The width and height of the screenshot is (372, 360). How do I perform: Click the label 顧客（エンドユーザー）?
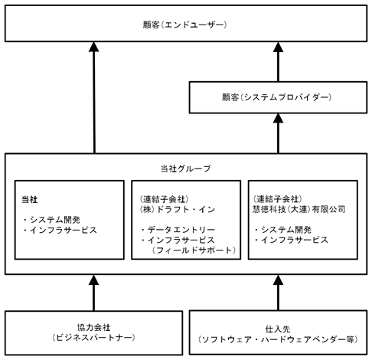click(x=184, y=25)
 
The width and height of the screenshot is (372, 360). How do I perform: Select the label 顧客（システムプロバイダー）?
click(x=276, y=97)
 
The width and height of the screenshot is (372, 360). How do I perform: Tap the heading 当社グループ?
click(x=186, y=169)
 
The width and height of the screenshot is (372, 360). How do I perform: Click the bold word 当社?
click(x=30, y=199)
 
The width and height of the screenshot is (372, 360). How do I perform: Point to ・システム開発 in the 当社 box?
click(x=51, y=220)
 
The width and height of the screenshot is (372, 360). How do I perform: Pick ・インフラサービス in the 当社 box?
click(x=60, y=230)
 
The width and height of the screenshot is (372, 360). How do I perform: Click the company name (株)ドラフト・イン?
click(x=178, y=209)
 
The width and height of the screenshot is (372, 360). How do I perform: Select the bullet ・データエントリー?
click(x=178, y=230)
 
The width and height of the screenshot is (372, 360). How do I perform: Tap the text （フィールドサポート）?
click(x=194, y=250)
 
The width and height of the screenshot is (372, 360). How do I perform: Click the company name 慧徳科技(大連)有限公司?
click(x=299, y=209)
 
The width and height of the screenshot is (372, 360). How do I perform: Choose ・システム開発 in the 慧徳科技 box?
click(x=282, y=230)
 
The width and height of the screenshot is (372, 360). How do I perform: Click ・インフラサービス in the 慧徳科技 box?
click(x=291, y=240)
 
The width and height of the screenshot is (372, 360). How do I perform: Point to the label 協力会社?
click(x=93, y=327)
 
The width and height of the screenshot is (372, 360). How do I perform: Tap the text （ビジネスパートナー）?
click(x=93, y=338)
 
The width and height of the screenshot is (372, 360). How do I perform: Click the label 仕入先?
click(x=278, y=329)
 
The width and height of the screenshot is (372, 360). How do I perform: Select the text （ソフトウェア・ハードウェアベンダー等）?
click(x=278, y=339)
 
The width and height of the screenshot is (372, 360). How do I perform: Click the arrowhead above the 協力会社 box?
click(x=93, y=280)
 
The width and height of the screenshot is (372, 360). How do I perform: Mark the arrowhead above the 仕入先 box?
click(x=278, y=280)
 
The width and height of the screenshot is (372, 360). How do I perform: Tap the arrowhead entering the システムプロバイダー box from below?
click(x=278, y=118)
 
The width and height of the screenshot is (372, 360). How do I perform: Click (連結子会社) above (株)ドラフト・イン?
click(x=165, y=199)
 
